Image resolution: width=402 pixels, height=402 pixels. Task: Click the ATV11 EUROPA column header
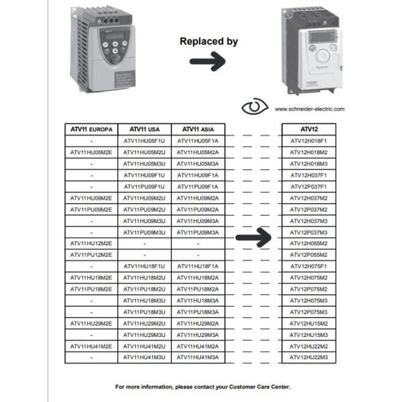(x=91, y=129)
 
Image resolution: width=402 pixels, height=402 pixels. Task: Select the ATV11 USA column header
(x=144, y=129)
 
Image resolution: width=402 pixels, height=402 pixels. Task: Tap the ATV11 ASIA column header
(x=198, y=129)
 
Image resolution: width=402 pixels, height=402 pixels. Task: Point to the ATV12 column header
(x=309, y=129)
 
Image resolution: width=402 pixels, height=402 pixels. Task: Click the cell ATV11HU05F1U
(x=144, y=141)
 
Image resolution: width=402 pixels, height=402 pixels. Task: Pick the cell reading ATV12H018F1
(x=309, y=141)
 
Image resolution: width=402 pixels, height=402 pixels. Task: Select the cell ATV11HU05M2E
(x=91, y=153)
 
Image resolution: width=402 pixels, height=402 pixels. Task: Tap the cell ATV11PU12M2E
(x=91, y=255)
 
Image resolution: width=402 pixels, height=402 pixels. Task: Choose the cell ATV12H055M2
(x=309, y=244)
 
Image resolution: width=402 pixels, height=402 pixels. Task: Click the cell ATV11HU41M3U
(x=144, y=358)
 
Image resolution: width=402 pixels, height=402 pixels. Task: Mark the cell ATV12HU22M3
(x=309, y=358)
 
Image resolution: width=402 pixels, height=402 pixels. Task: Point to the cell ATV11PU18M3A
(x=198, y=312)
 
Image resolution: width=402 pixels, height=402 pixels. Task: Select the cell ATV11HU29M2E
(x=91, y=324)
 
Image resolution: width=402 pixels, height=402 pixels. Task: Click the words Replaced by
(x=208, y=42)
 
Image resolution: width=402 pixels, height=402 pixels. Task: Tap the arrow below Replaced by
(x=207, y=62)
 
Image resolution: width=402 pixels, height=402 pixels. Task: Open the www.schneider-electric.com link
(x=310, y=109)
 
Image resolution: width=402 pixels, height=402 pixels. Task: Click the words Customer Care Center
(x=258, y=387)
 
